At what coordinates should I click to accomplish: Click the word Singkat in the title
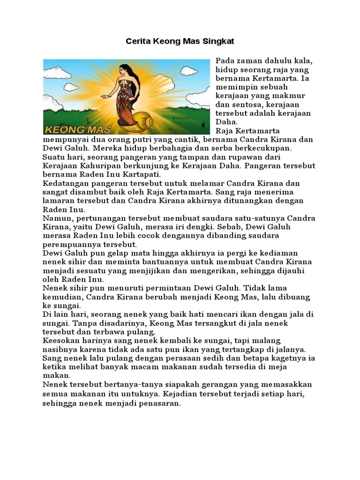[218, 42]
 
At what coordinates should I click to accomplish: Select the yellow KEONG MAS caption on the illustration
[78, 129]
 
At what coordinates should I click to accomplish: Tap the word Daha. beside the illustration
[227, 122]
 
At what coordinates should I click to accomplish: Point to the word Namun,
[58, 218]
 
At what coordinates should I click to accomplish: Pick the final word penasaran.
[157, 403]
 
